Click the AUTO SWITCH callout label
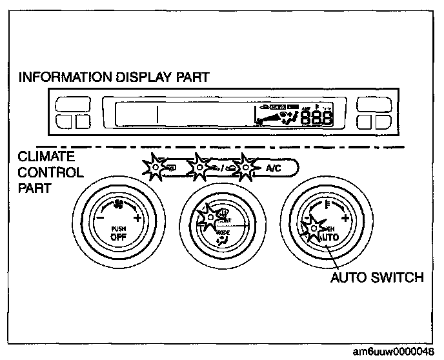377,278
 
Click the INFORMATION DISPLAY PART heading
114,78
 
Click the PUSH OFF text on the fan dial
118,233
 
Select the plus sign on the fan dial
137,219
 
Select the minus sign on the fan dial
101,219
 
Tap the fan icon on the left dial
119,206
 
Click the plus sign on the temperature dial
347,219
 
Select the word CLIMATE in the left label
46,157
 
